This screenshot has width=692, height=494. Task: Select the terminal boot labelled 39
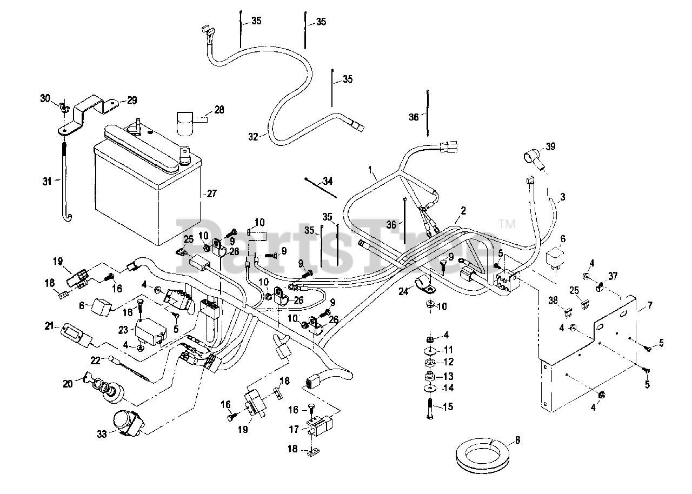click(x=531, y=160)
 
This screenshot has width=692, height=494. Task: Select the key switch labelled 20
click(x=103, y=387)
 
